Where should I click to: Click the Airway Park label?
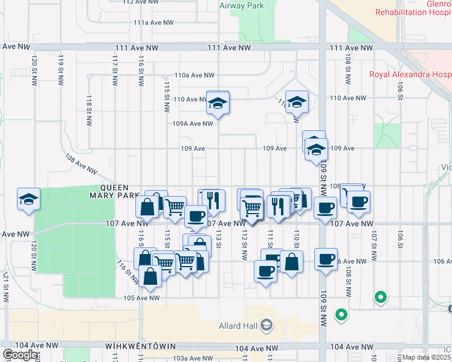click(242, 5)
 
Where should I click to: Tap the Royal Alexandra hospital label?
click(410, 74)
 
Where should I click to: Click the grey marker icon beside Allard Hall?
click(266, 326)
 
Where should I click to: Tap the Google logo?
click(20, 355)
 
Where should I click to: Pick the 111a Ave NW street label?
click(153, 22)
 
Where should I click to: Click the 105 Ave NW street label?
click(141, 297)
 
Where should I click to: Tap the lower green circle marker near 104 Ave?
click(341, 314)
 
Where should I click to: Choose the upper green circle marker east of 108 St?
click(380, 297)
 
